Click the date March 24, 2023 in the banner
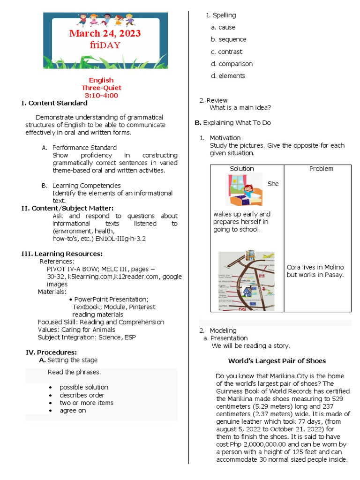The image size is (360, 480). (x=105, y=34)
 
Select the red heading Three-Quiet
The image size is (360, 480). (x=101, y=88)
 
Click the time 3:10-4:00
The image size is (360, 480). (x=101, y=95)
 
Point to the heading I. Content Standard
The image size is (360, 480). (x=54, y=103)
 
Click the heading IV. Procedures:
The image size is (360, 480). (x=51, y=352)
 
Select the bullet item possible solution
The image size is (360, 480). (x=83, y=387)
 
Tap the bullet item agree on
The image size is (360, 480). (x=73, y=410)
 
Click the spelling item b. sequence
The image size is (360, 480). (x=228, y=39)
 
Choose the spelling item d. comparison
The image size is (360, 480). (x=232, y=64)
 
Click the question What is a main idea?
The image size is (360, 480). (x=240, y=107)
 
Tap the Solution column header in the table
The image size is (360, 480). (x=242, y=168)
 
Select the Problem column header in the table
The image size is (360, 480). (x=321, y=168)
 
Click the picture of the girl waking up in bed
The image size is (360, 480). (x=243, y=190)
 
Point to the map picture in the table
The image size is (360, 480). (x=246, y=281)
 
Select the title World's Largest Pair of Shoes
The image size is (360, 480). (x=277, y=360)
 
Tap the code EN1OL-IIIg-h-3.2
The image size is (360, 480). (x=121, y=239)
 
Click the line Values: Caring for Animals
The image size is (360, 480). (x=76, y=330)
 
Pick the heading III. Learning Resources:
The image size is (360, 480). (x=62, y=254)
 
